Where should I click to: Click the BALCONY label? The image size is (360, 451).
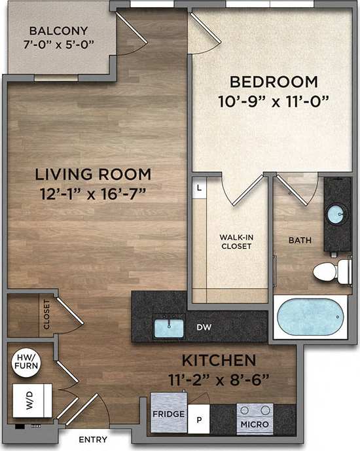click(58, 31)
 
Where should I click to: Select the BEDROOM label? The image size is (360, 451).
click(274, 82)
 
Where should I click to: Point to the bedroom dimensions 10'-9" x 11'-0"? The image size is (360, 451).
click(274, 101)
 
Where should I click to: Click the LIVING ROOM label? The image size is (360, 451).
click(93, 175)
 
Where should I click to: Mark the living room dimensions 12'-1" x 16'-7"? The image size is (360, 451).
click(93, 193)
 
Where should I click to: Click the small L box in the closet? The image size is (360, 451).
click(199, 187)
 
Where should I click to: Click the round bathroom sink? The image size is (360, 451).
click(337, 214)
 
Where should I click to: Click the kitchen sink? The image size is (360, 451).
click(170, 325)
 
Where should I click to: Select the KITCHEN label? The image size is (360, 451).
click(218, 361)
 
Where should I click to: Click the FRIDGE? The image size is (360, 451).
click(168, 414)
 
